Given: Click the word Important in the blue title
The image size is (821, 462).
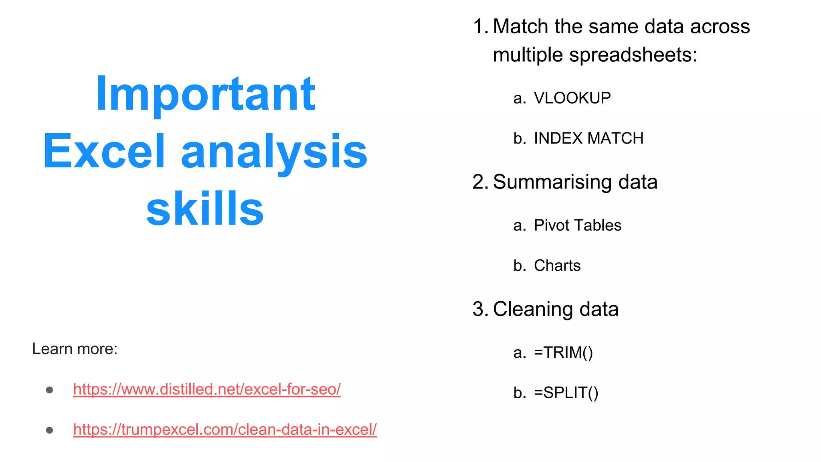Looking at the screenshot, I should [x=205, y=95].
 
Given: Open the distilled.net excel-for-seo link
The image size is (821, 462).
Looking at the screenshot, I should [x=207, y=389].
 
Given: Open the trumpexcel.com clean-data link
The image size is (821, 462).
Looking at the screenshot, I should [x=225, y=430].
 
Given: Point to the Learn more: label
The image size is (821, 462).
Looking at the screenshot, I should [x=75, y=349].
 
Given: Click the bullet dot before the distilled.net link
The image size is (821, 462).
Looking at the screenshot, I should [x=50, y=390].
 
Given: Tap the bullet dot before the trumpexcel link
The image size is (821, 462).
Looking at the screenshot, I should [x=50, y=430].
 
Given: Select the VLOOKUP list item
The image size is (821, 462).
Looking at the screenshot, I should [x=572, y=98].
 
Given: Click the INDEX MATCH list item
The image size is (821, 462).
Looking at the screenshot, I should [x=588, y=138].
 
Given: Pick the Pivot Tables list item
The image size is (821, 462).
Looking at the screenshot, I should [x=577, y=225].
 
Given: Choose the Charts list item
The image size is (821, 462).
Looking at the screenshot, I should [x=557, y=265].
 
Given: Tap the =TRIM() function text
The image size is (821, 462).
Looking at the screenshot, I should [x=563, y=353].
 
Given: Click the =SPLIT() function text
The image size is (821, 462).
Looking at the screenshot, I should [x=566, y=393].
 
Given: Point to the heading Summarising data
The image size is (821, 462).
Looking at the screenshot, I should [x=575, y=182].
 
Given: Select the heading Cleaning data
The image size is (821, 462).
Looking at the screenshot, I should [x=556, y=309].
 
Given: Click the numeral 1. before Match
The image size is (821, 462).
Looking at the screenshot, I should [x=480, y=27].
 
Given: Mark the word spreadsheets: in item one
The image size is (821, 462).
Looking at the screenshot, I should [x=633, y=55].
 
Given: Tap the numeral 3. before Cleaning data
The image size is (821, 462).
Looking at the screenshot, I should [x=480, y=309].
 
